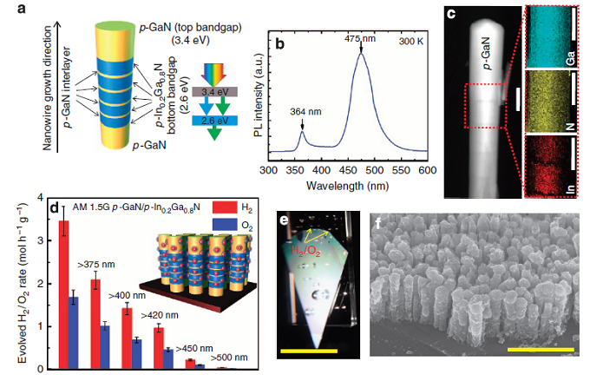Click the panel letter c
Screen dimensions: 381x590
(x=450, y=12)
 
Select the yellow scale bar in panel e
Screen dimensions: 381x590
(x=309, y=351)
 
